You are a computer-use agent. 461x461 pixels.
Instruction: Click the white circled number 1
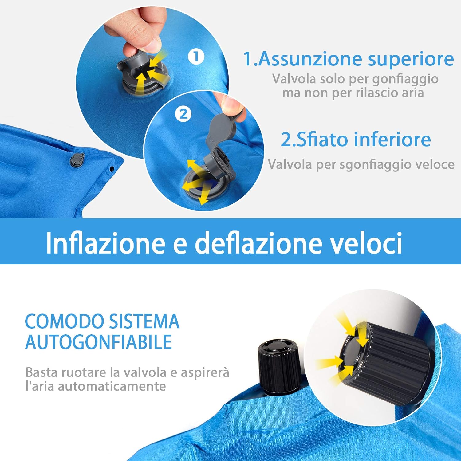[x=196, y=57]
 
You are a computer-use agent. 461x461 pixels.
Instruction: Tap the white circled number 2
[x=183, y=114]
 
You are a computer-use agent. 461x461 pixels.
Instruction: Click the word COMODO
[x=65, y=321]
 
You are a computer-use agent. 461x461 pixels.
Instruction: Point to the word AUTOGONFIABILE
[x=98, y=342]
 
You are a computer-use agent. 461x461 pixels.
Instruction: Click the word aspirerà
[x=205, y=372]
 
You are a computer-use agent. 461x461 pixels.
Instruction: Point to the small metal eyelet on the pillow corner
[x=112, y=169]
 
